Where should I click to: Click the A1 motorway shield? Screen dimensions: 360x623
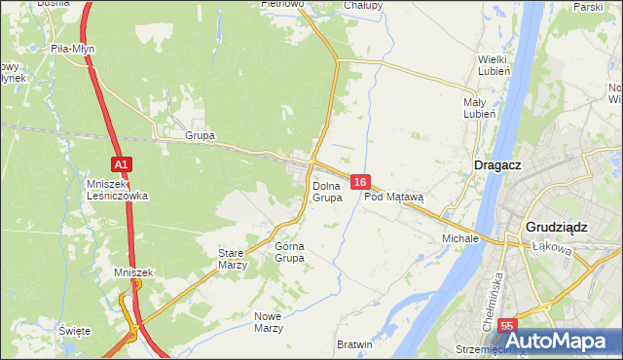coord(120,165)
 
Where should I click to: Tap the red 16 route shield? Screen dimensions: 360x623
coord(360,182)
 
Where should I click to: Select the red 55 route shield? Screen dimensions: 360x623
coord(506,326)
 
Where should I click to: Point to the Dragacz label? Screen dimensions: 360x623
coord(497,165)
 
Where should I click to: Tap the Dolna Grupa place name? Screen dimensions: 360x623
coord(327,192)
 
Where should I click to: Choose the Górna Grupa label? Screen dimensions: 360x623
coord(289,252)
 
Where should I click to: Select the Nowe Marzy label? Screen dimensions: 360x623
coord(268,322)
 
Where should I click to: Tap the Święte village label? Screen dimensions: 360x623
coord(74,331)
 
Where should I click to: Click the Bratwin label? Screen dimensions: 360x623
coord(354,344)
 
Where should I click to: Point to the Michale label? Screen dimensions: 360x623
coord(460,237)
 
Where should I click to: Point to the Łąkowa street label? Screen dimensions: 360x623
coord(550,247)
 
